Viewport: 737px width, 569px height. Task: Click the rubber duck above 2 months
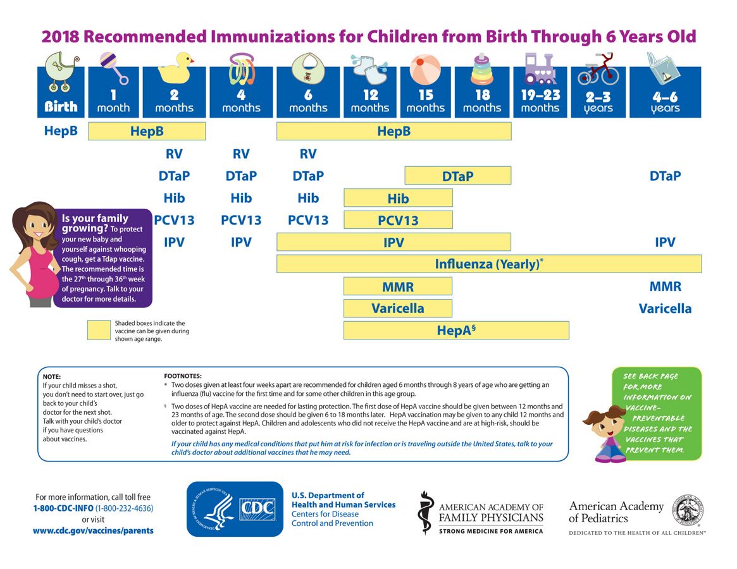click(175, 68)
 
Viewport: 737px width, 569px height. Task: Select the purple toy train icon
click(540, 69)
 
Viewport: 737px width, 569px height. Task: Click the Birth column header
click(61, 92)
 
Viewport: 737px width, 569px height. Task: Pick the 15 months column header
click(426, 92)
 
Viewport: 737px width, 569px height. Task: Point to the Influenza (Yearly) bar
click(489, 264)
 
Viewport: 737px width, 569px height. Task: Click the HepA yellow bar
click(456, 330)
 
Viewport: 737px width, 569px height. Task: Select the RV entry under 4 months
click(241, 154)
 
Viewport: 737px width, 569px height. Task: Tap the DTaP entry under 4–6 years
click(665, 176)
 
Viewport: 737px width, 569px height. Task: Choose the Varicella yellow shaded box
click(398, 309)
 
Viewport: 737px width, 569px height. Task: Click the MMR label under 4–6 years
click(665, 286)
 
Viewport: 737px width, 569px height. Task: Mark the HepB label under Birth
click(61, 131)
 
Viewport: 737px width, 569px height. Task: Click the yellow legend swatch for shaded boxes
click(99, 330)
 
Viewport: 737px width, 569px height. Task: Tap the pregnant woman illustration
click(33, 254)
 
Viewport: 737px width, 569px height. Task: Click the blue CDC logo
click(235, 509)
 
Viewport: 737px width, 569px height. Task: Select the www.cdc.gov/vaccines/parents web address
click(93, 530)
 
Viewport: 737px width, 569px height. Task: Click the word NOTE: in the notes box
click(52, 376)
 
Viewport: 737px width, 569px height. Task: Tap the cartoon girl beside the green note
click(605, 434)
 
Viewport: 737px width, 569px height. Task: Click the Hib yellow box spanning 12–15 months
click(398, 198)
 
